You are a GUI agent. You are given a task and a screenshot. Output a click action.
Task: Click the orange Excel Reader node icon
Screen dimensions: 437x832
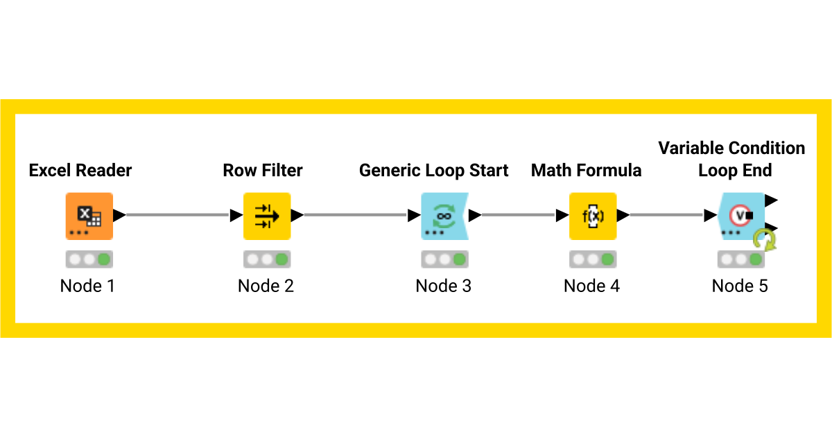(x=89, y=216)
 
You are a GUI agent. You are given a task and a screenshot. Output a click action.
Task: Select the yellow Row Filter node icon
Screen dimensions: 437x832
(x=266, y=216)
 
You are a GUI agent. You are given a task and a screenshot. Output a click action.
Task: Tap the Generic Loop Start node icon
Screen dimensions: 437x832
(x=444, y=216)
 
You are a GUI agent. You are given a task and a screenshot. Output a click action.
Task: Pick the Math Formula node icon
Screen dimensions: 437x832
(x=592, y=216)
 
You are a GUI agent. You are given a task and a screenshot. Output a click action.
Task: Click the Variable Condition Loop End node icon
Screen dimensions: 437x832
(x=740, y=216)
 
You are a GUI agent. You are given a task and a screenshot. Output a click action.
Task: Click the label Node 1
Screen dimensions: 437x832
(x=87, y=286)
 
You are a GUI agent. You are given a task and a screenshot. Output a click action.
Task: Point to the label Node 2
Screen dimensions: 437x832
(x=266, y=286)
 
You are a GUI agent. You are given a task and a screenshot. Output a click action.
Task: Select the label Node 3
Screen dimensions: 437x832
(x=444, y=286)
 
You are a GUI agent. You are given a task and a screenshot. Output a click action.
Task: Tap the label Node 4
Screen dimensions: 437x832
(x=591, y=286)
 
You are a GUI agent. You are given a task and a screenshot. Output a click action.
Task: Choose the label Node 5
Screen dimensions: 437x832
(x=740, y=286)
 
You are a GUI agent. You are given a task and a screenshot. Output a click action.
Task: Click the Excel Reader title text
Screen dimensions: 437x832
(x=80, y=170)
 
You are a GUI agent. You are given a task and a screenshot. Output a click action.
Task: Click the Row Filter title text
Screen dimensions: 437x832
(x=263, y=170)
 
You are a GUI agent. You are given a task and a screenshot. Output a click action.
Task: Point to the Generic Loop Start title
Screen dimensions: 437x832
(x=434, y=170)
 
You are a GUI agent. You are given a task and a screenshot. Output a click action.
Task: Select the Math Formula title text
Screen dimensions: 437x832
(x=587, y=170)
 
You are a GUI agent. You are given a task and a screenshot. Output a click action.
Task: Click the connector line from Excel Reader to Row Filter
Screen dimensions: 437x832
(x=177, y=215)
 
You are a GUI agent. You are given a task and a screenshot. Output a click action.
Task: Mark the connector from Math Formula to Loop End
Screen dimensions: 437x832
(x=666, y=215)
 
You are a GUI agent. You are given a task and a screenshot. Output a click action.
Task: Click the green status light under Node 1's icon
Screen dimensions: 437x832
(x=103, y=259)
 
